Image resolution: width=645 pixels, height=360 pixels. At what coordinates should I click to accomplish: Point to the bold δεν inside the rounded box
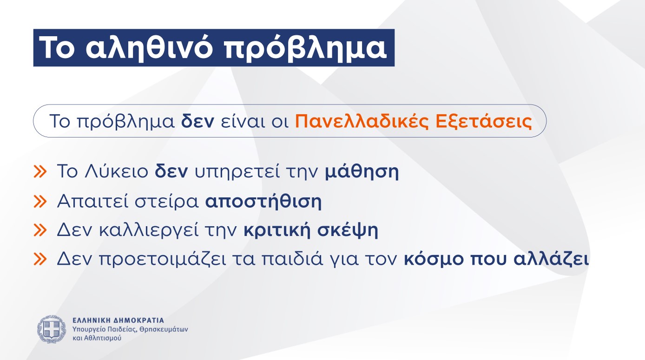(x=197, y=121)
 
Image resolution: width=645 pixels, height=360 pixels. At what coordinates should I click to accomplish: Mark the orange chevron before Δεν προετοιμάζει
(x=40, y=259)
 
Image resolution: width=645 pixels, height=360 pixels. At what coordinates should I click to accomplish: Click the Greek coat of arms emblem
(x=52, y=329)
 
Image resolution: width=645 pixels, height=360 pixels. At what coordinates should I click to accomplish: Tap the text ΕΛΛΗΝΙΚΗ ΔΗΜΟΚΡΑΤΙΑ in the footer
(x=118, y=321)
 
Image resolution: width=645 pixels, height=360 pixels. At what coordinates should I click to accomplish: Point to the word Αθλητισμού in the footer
(x=102, y=338)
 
